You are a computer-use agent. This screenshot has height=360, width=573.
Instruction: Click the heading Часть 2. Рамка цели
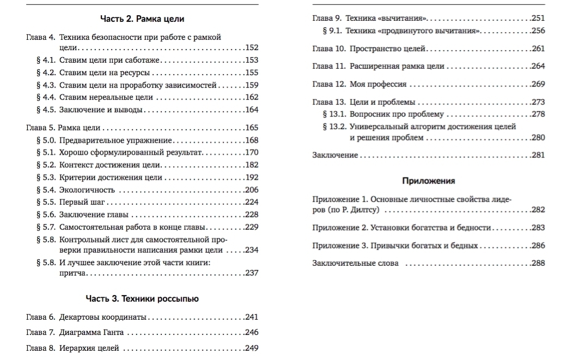(142, 19)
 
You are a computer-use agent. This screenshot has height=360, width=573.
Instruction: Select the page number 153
(252, 60)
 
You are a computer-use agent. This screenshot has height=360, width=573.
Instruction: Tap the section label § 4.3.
(46, 85)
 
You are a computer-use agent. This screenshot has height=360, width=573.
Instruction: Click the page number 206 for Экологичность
(252, 190)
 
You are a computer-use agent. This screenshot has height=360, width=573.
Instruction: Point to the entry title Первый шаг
(82, 202)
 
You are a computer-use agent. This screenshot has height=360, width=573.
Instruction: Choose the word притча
(72, 273)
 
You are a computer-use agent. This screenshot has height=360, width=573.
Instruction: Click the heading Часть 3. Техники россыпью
(142, 298)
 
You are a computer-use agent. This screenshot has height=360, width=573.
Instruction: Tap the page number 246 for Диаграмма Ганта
(252, 332)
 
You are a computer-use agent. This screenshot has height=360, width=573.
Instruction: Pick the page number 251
(538, 19)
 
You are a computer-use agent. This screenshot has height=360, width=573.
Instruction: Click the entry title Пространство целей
(387, 49)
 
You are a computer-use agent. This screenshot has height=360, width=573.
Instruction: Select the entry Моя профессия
(378, 84)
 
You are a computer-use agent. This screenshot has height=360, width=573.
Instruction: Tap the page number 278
(538, 114)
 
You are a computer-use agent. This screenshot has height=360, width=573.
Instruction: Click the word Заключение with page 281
(335, 155)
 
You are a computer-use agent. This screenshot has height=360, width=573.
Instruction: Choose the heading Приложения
(429, 181)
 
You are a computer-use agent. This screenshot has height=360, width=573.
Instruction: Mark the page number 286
(538, 246)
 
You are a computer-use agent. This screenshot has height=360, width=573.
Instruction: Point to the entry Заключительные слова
(355, 264)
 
